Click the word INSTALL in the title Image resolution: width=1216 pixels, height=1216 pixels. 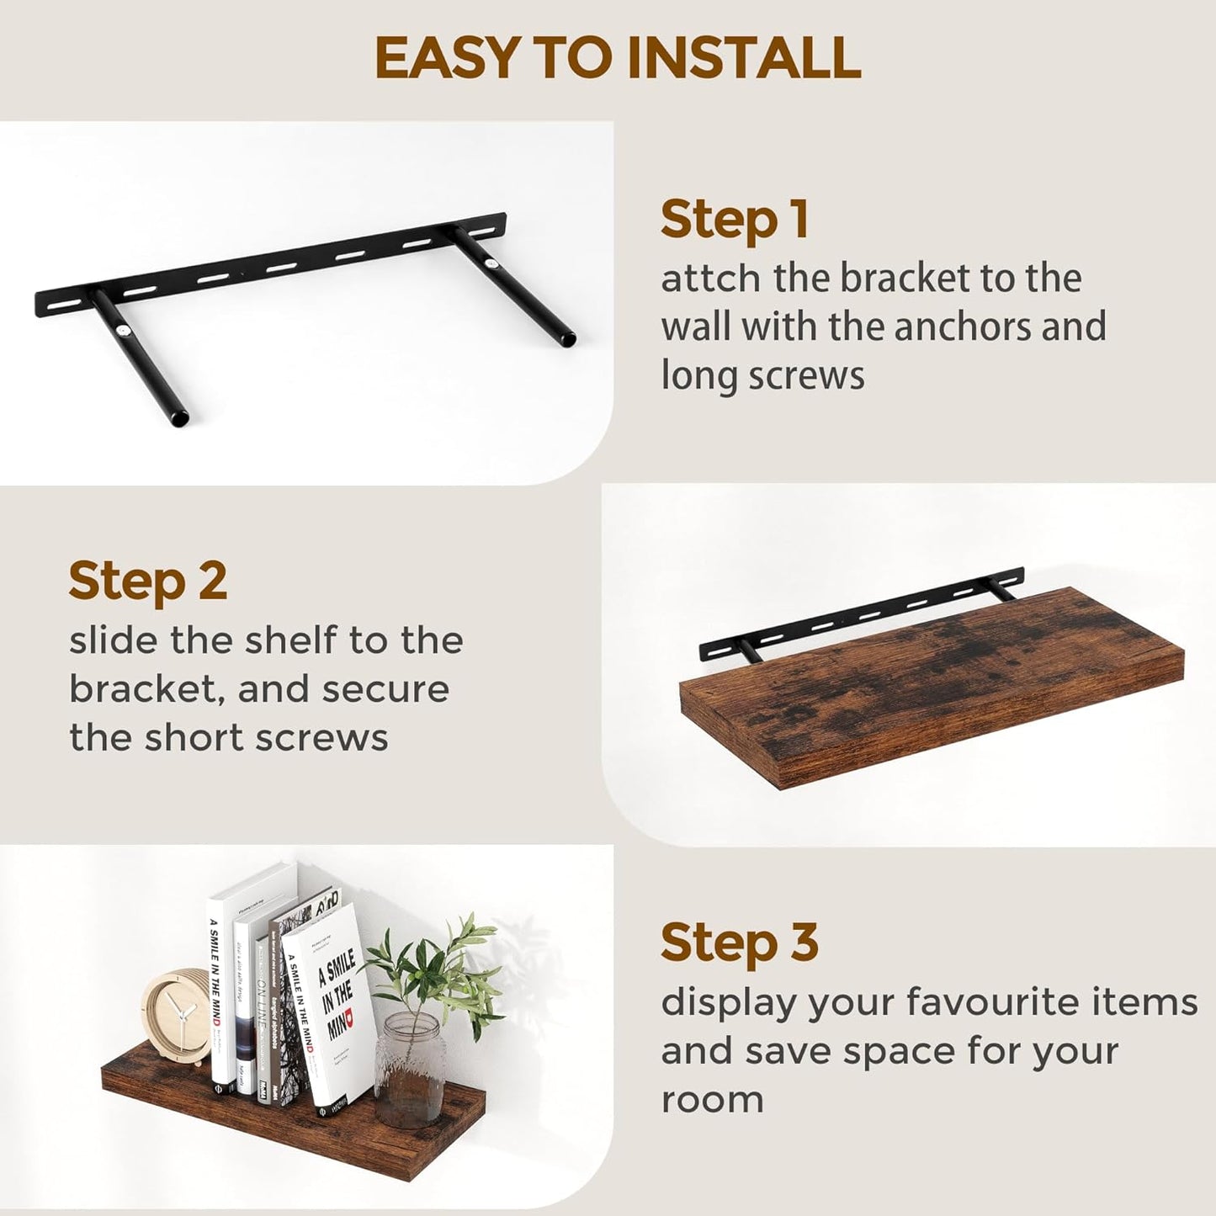point(744,58)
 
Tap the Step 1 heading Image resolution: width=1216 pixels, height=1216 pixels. point(734,220)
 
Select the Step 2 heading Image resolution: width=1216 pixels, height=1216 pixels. point(147,581)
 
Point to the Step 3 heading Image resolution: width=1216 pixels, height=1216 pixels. point(739,942)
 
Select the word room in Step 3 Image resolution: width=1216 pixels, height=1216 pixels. point(712,1100)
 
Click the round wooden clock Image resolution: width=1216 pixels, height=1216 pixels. point(176,1017)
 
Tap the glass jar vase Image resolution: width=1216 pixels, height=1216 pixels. point(410,1068)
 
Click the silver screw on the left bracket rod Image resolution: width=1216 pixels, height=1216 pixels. point(125,332)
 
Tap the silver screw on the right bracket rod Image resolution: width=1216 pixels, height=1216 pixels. point(491,263)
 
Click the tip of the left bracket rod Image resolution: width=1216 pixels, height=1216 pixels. point(178,417)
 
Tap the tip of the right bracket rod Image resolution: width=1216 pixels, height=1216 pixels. point(567,340)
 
